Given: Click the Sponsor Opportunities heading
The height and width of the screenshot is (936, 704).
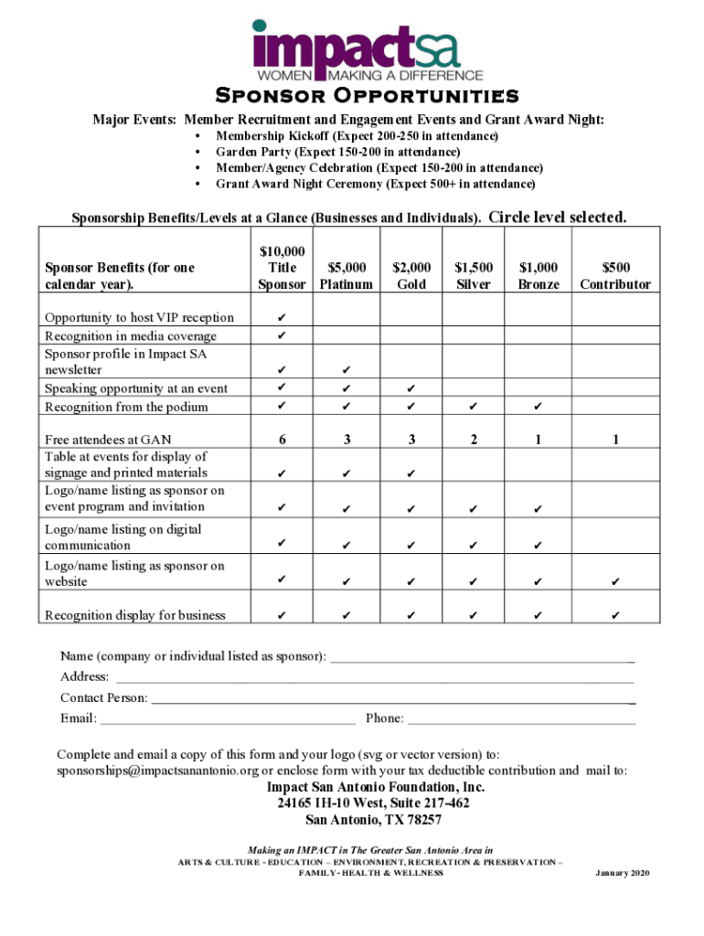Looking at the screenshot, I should [x=367, y=97].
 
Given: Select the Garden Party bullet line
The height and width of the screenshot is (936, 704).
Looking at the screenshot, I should [x=337, y=152].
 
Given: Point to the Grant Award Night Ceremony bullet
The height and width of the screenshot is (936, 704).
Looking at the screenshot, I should [x=375, y=184].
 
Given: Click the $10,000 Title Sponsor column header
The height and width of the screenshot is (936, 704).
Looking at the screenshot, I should [x=283, y=268].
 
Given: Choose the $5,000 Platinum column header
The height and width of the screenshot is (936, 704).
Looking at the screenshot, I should [x=347, y=276].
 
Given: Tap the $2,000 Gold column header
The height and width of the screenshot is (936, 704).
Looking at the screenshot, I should [x=411, y=276].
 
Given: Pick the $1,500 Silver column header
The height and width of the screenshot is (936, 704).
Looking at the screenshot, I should [x=474, y=276].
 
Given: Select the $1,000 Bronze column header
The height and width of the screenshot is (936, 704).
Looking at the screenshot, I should [x=539, y=276].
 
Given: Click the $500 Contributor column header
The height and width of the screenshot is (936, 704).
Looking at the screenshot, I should [x=615, y=276].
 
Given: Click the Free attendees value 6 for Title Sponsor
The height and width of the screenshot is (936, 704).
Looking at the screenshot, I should [x=283, y=440].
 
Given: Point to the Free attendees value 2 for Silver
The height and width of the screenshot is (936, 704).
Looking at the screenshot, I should [x=474, y=440].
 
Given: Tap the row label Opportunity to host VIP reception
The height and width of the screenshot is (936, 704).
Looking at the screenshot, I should [x=139, y=317].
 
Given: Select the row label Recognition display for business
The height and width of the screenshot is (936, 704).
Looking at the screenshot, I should [x=134, y=615].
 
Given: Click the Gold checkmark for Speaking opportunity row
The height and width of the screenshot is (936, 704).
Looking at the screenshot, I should [x=411, y=388].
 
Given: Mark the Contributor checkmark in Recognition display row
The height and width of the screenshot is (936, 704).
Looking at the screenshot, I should [x=615, y=616].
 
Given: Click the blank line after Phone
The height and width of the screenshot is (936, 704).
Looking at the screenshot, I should [x=521, y=719].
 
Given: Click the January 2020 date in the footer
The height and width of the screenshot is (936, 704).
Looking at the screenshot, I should [x=622, y=873].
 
